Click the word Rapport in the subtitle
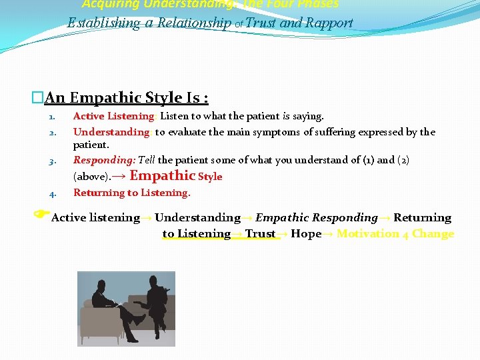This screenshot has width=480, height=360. pyautogui.click(x=329, y=23)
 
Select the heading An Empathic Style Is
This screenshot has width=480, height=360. pyautogui.click(x=126, y=98)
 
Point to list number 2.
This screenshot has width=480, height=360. pyautogui.click(x=53, y=133)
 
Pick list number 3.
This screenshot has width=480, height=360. pyautogui.click(x=53, y=161)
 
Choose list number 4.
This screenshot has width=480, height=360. pyautogui.click(x=53, y=194)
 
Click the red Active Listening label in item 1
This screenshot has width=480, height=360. pyautogui.click(x=113, y=117)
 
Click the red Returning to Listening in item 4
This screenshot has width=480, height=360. pyautogui.click(x=131, y=193)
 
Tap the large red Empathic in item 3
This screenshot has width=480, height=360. pyautogui.click(x=162, y=175)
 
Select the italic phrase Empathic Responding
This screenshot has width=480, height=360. pyautogui.click(x=317, y=218)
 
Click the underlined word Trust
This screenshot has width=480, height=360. pyautogui.click(x=260, y=234)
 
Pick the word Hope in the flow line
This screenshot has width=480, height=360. pyautogui.click(x=306, y=234)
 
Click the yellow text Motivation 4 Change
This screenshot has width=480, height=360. pyautogui.click(x=395, y=234)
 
